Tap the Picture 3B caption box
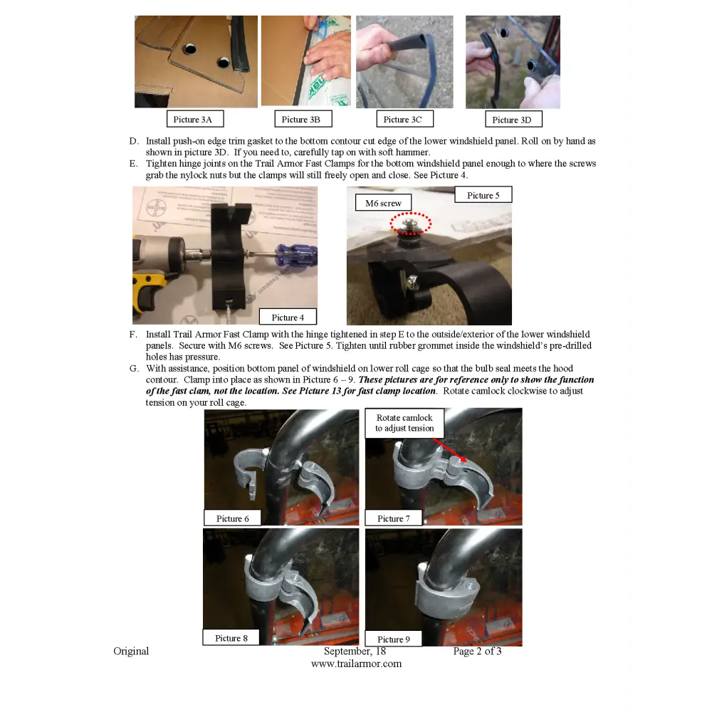pyautogui.click(x=303, y=119)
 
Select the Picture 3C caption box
pyautogui.click(x=404, y=119)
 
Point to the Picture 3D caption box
pyautogui.click(x=513, y=120)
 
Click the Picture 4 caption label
pyautogui.click(x=288, y=317)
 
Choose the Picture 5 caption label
pyautogui.click(x=483, y=195)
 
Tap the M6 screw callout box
pyautogui.click(x=383, y=203)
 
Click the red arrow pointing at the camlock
pyautogui.click(x=449, y=450)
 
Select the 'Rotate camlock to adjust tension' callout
pyautogui.click(x=404, y=423)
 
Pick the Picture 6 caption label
pyautogui.click(x=233, y=518)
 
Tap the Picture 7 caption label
pyautogui.click(x=394, y=518)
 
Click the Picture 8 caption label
pyautogui.click(x=231, y=637)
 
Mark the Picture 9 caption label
pyautogui.click(x=394, y=639)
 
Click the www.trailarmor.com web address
pyautogui.click(x=357, y=664)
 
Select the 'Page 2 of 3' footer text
pyautogui.click(x=477, y=651)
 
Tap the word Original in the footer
pyautogui.click(x=131, y=651)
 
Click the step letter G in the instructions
pyautogui.click(x=134, y=368)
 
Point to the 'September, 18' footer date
pyautogui.click(x=355, y=651)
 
